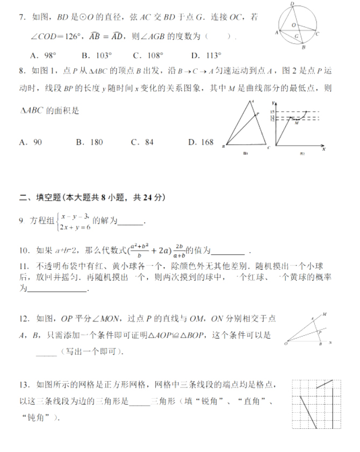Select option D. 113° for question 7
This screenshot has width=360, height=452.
click(206, 55)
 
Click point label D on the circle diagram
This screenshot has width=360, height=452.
click(292, 4)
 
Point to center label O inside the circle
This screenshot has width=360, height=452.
click(293, 25)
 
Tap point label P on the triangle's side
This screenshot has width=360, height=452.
click(258, 114)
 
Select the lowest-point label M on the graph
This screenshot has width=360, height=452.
click(296, 123)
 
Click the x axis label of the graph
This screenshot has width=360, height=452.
click(324, 149)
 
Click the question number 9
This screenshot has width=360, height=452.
click(21, 221)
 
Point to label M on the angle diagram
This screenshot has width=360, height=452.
click(324, 314)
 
